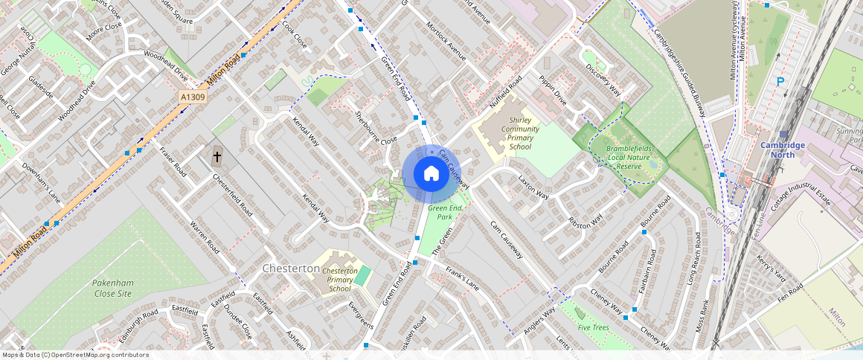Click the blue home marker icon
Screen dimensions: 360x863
pyautogui.click(x=431, y=174)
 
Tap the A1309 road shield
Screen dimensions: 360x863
pyautogui.click(x=193, y=97)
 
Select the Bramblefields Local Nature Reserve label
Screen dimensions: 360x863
pyautogui.click(x=623, y=158)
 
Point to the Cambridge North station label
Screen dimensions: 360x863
pyautogui.click(x=782, y=150)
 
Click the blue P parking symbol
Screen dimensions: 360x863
pyautogui.click(x=780, y=82)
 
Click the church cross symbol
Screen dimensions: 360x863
pyautogui.click(x=217, y=157)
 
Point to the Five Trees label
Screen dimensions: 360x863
pyautogui.click(x=593, y=327)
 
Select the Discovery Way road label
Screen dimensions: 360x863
pyautogui.click(x=603, y=79)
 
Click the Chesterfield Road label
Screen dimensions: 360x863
pyautogui.click(x=232, y=195)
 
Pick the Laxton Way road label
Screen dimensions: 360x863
pyautogui.click(x=533, y=188)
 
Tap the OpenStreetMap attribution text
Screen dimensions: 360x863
pyautogui.click(x=75, y=355)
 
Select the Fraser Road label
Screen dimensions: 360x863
pyautogui.click(x=173, y=160)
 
